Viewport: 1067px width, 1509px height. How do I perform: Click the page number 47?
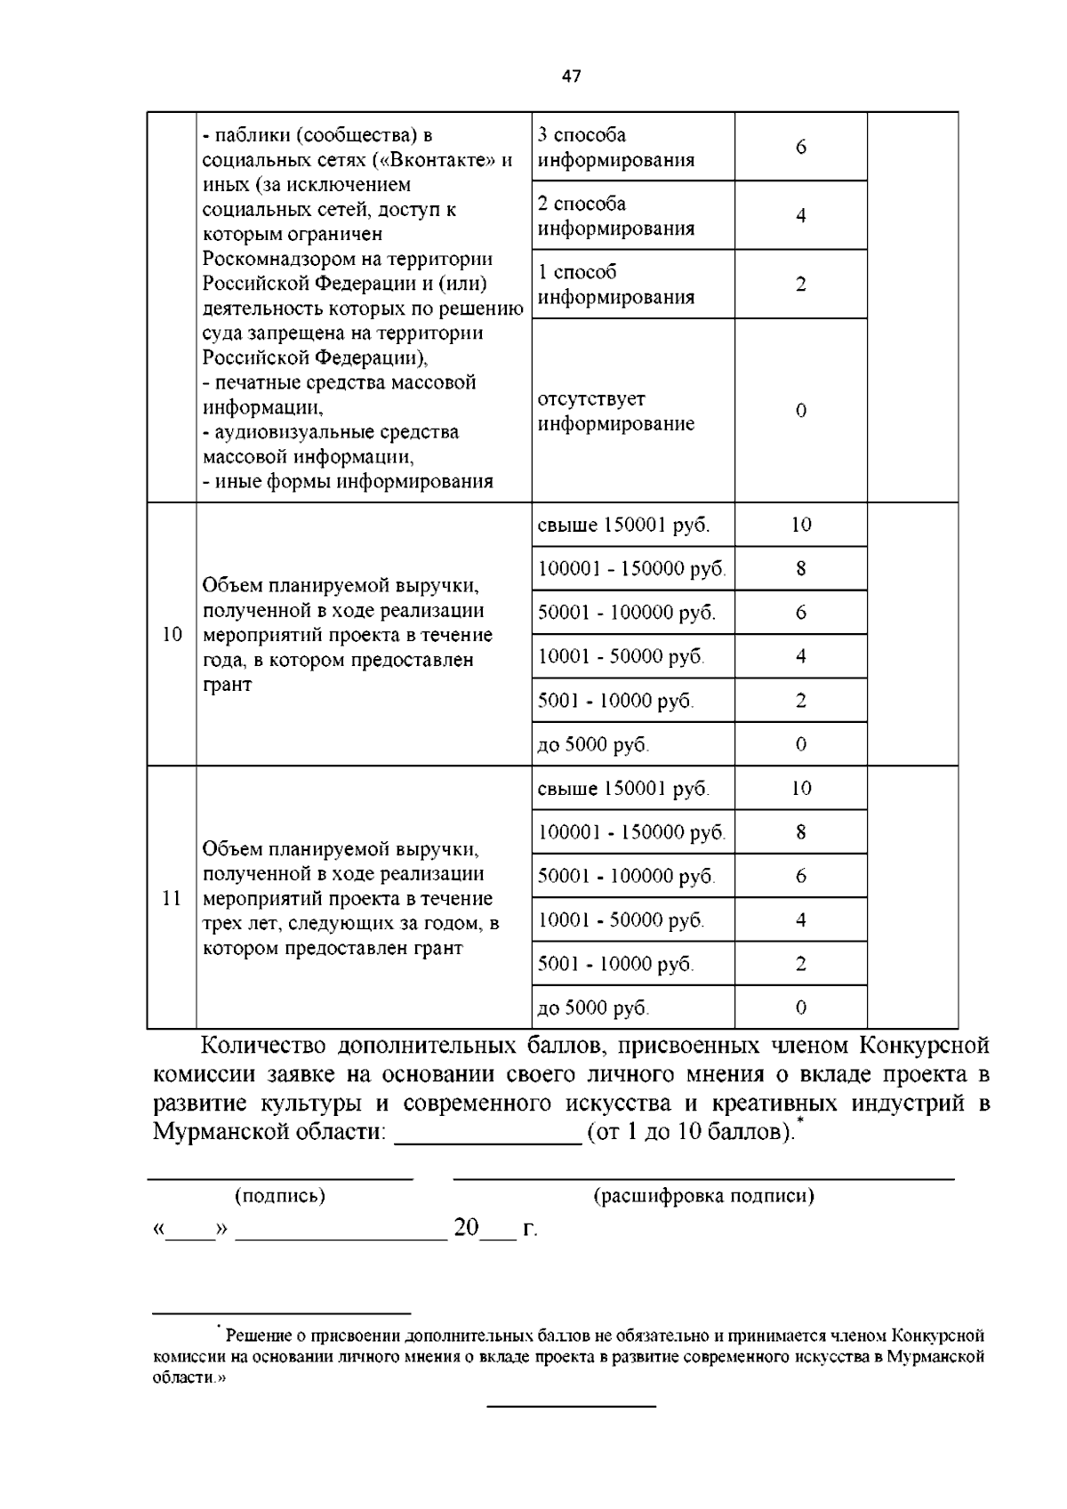[x=572, y=76]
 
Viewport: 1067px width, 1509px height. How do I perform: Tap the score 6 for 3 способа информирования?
[x=800, y=147]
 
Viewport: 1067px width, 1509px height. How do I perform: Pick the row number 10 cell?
[x=172, y=634]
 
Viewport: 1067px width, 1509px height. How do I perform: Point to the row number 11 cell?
[x=172, y=897]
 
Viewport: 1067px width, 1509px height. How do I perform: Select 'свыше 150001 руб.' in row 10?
[x=623, y=525]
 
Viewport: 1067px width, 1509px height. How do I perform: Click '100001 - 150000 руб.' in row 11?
[x=631, y=832]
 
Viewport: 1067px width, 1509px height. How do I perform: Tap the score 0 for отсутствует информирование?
[x=800, y=411]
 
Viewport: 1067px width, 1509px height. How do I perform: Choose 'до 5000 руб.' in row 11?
[x=593, y=1008]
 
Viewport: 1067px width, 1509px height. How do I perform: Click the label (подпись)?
[x=279, y=1196]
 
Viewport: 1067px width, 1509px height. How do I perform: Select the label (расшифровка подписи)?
[x=703, y=1196]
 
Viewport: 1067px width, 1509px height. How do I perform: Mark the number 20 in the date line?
[x=466, y=1228]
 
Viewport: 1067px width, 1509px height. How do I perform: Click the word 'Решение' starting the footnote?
[x=255, y=1336]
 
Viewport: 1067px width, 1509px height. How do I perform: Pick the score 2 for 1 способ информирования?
[x=800, y=285]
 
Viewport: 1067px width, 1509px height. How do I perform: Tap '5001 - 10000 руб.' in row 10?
[x=615, y=701]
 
